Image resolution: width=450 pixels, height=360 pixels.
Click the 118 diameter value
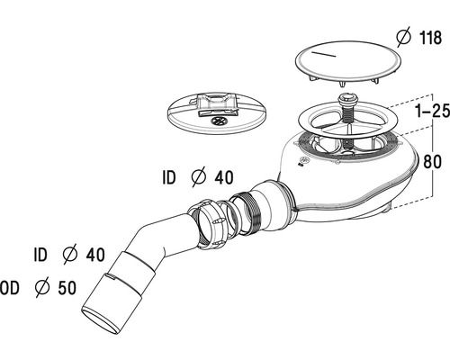(x=430, y=38)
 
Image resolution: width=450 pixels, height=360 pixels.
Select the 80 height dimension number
(x=432, y=162)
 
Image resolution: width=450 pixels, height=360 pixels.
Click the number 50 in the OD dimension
(x=67, y=288)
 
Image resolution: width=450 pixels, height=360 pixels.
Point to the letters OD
(x=10, y=288)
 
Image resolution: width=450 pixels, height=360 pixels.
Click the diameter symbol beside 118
(x=404, y=37)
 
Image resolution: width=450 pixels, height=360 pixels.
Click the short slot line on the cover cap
(x=324, y=54)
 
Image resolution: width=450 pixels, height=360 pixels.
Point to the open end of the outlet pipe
(x=100, y=322)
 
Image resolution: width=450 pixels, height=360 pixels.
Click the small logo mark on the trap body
(x=304, y=160)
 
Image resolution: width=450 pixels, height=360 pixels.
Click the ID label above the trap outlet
(x=169, y=177)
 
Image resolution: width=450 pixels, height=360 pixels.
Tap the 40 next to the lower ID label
(x=95, y=255)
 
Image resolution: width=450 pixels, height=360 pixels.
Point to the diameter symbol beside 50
(x=42, y=287)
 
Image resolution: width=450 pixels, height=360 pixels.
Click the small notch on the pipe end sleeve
(x=110, y=277)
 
